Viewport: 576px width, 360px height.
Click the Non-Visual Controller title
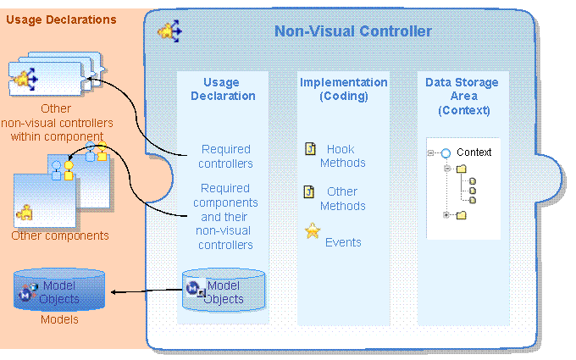coord(352,32)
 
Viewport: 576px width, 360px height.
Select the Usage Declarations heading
coord(61,19)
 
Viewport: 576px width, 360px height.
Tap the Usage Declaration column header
coord(222,89)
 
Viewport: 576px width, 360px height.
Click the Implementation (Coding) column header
coord(343,89)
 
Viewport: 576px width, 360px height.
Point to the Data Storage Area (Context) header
coord(462,96)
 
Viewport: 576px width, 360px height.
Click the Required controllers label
coord(226,157)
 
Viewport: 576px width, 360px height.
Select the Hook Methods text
coord(342,156)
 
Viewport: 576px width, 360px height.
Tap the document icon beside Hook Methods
coord(310,149)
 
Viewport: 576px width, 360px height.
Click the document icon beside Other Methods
coord(310,191)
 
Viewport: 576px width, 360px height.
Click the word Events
coord(343,242)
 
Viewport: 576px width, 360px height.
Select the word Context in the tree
coord(474,152)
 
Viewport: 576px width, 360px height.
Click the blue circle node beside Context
coord(445,153)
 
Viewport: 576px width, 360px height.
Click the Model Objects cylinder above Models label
coord(60,291)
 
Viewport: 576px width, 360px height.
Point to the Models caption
coord(59,319)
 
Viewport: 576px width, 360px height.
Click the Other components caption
coord(59,236)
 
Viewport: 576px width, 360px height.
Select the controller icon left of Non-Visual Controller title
coord(170,32)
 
